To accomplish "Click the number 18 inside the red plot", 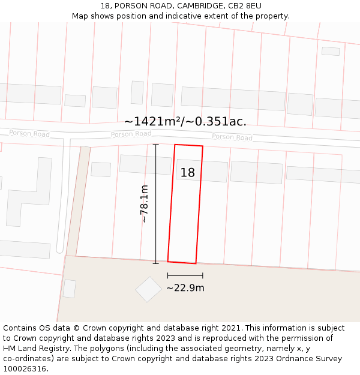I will tap(188, 173).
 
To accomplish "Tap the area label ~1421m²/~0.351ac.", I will tap(185, 121).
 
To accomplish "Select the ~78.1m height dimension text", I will tap(144, 204).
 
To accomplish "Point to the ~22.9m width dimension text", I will tap(185, 288).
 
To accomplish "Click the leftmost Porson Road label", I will tap(29, 133).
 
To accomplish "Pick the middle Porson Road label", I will tap(131, 134).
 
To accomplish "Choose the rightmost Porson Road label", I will tap(232, 137).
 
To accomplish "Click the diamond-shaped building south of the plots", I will tap(148, 289).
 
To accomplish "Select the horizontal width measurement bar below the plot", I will tap(185, 275).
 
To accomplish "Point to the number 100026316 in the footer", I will tap(23, 369).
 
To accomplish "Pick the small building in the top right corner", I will tap(330, 51).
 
